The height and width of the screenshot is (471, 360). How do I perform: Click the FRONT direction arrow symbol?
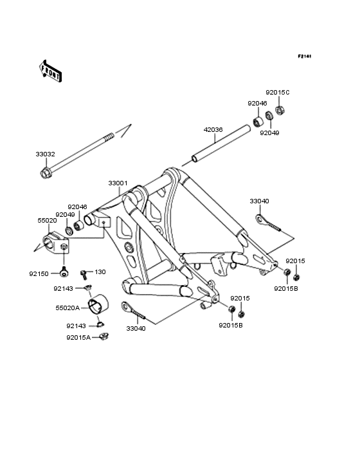click(x=50, y=71)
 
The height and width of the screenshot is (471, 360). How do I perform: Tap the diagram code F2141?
click(x=305, y=56)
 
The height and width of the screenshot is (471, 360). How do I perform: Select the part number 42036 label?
click(x=213, y=130)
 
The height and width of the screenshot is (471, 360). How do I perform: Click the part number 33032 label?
click(x=45, y=154)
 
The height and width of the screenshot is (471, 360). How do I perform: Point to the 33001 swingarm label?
click(x=118, y=183)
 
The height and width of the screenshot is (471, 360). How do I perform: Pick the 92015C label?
click(x=278, y=93)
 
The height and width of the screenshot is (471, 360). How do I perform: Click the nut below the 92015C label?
click(x=280, y=110)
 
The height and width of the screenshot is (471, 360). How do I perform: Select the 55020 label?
click(x=47, y=221)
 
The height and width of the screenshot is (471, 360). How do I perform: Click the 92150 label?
click(x=39, y=274)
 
